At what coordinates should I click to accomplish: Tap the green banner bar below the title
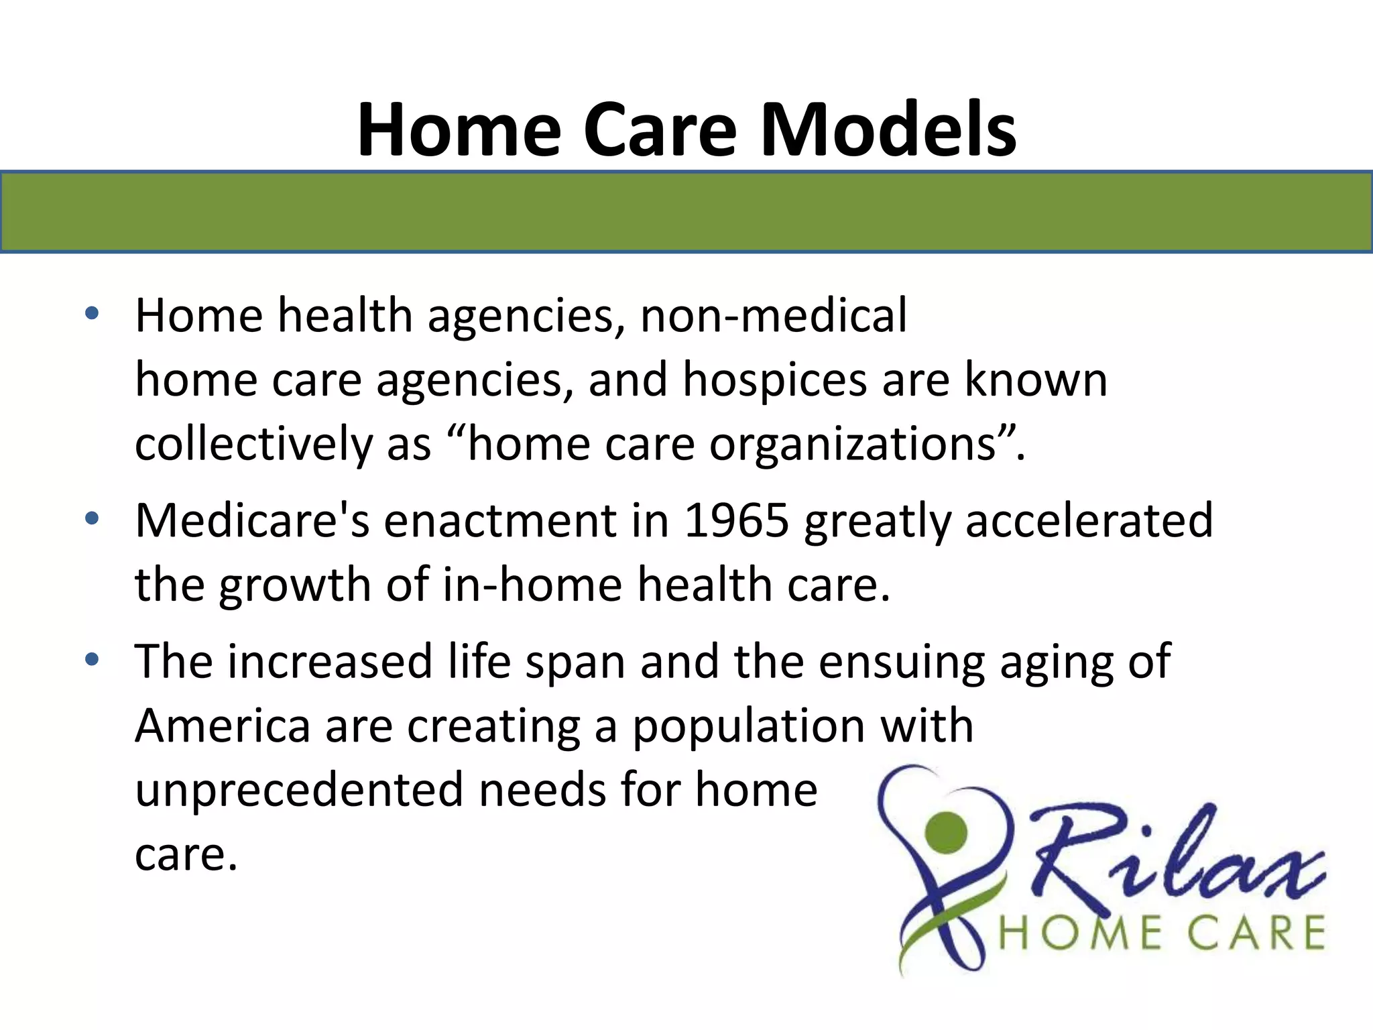click(686, 212)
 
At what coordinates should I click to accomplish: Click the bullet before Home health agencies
click(92, 313)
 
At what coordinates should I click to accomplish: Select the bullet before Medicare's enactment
click(92, 518)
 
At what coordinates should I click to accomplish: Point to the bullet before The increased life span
click(92, 659)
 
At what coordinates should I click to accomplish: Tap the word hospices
click(775, 380)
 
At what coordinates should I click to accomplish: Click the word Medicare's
click(252, 520)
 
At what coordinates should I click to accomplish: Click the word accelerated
click(1089, 520)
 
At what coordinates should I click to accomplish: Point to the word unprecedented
click(299, 790)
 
